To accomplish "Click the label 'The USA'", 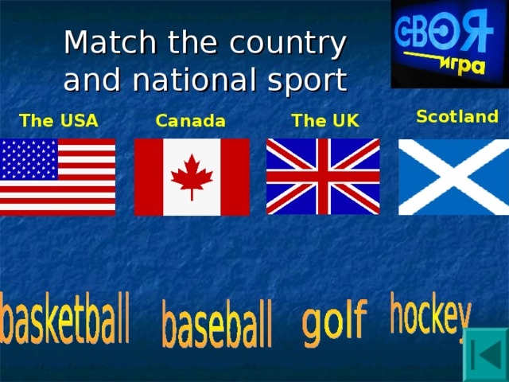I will pos(59,121).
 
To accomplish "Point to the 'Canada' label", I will pos(191,121).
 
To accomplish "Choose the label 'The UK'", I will pos(324,121).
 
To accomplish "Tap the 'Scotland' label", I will pos(457,117).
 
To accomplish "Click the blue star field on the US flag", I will pos(29,159).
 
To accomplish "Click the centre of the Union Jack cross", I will pos(323,177).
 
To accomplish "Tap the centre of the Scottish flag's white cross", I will pos(453,177).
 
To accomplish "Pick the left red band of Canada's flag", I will pos(149,177).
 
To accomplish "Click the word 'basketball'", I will pos(65,318).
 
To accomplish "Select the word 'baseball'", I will pos(217,323).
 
